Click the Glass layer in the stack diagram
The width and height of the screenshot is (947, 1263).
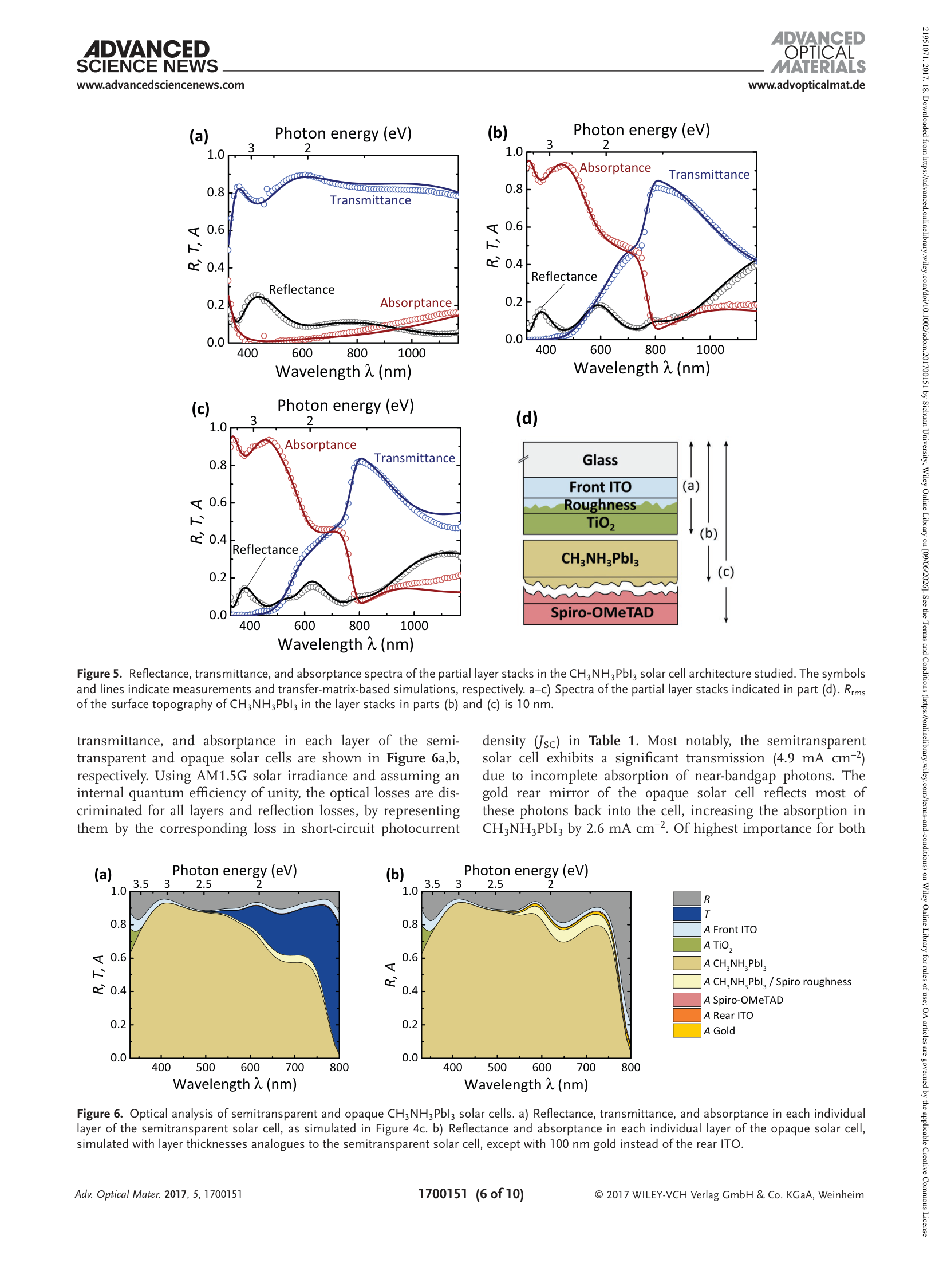pyautogui.click(x=600, y=459)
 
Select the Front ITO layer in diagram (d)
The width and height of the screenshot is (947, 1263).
pyautogui.click(x=600, y=487)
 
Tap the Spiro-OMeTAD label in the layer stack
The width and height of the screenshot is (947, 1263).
pyautogui.click(x=602, y=613)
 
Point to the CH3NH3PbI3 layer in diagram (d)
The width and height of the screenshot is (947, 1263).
pyautogui.click(x=600, y=558)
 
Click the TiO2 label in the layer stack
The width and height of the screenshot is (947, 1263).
pyautogui.click(x=600, y=523)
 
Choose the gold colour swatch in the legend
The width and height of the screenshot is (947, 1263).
pyautogui.click(x=686, y=1030)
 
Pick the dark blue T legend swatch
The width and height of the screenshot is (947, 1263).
pyautogui.click(x=686, y=914)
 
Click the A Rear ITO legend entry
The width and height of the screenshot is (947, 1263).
pyautogui.click(x=728, y=1015)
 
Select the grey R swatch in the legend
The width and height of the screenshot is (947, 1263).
pyautogui.click(x=686, y=898)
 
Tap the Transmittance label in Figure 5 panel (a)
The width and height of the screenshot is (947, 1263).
pyautogui.click(x=370, y=200)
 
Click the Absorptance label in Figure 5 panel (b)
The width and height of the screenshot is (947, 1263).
pyautogui.click(x=615, y=168)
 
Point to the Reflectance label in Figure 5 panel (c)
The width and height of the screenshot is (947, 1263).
pyautogui.click(x=265, y=550)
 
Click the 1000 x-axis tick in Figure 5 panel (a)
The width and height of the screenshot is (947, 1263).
pyautogui.click(x=412, y=353)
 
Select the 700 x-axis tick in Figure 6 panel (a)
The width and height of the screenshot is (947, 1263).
pyautogui.click(x=295, y=1067)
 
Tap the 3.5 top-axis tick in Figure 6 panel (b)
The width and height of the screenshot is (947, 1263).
pyautogui.click(x=432, y=884)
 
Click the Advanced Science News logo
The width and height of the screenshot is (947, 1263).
pyautogui.click(x=147, y=57)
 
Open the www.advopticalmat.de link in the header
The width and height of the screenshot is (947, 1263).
pyautogui.click(x=806, y=85)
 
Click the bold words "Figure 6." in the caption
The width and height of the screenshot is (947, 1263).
pyautogui.click(x=100, y=1114)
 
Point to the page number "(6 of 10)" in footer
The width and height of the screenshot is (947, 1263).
pyautogui.click(x=499, y=1194)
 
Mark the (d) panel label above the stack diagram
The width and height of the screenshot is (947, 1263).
pyautogui.click(x=527, y=418)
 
